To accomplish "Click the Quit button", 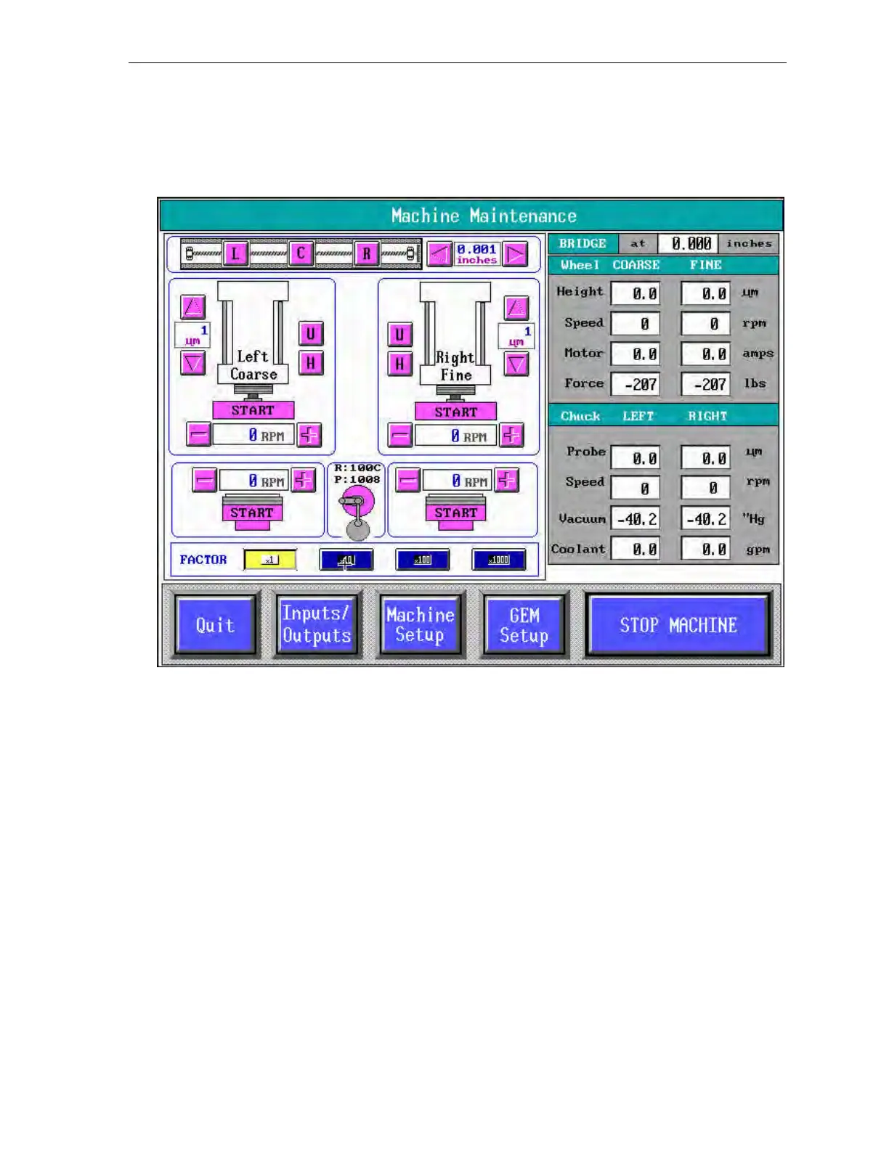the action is point(215,625).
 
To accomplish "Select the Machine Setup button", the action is point(420,625).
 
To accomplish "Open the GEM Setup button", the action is point(524,625).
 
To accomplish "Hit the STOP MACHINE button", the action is point(678,625).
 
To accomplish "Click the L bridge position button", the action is point(235,254).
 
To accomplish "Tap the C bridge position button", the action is point(301,254).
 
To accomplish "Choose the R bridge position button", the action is point(366,254).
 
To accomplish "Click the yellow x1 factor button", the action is point(269,560).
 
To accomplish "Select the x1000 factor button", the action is point(498,560).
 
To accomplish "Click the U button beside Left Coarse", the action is point(311,334).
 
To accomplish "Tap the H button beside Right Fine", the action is point(399,364).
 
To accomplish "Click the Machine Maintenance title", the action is point(484,216).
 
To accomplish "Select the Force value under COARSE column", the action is point(636,384).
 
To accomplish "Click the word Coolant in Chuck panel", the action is point(578,550).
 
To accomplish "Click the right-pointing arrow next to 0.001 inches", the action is point(515,254).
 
